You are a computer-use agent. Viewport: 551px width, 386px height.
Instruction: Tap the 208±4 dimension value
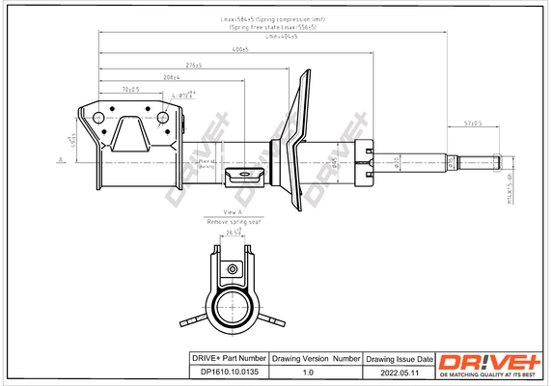[173, 76]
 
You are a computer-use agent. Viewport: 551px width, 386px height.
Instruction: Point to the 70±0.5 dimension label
[130, 89]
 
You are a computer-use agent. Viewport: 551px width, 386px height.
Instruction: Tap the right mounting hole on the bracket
[163, 119]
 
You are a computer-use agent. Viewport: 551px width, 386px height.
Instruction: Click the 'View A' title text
[233, 211]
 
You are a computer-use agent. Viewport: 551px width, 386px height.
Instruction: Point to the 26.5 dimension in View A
[233, 233]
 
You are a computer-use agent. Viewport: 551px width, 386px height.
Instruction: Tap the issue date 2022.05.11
[396, 371]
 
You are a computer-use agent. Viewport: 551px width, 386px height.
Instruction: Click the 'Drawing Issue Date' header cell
[396, 357]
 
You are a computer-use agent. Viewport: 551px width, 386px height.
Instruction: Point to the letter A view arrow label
[61, 159]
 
